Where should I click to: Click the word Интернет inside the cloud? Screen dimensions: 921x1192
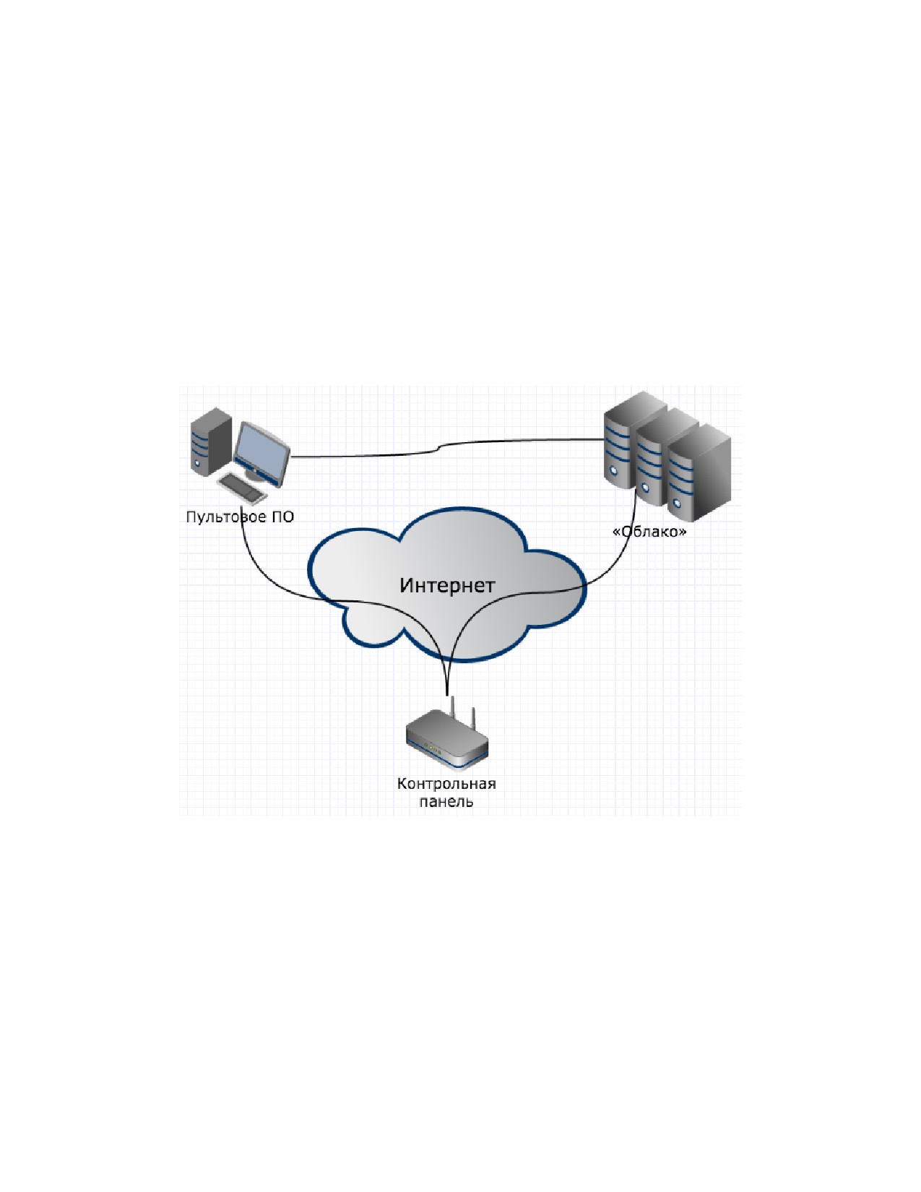[x=446, y=585]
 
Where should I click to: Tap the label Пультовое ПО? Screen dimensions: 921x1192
[x=240, y=517]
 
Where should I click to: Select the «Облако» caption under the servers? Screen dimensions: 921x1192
[x=649, y=531]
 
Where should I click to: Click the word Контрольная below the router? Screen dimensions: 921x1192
[x=446, y=783]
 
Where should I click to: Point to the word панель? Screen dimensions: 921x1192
[x=446, y=801]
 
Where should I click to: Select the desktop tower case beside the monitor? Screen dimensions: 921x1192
[x=211, y=441]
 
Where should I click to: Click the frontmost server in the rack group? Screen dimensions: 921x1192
[x=699, y=472]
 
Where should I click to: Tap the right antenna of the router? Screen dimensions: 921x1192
[x=473, y=720]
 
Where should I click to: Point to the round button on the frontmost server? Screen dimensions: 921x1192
[x=678, y=502]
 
